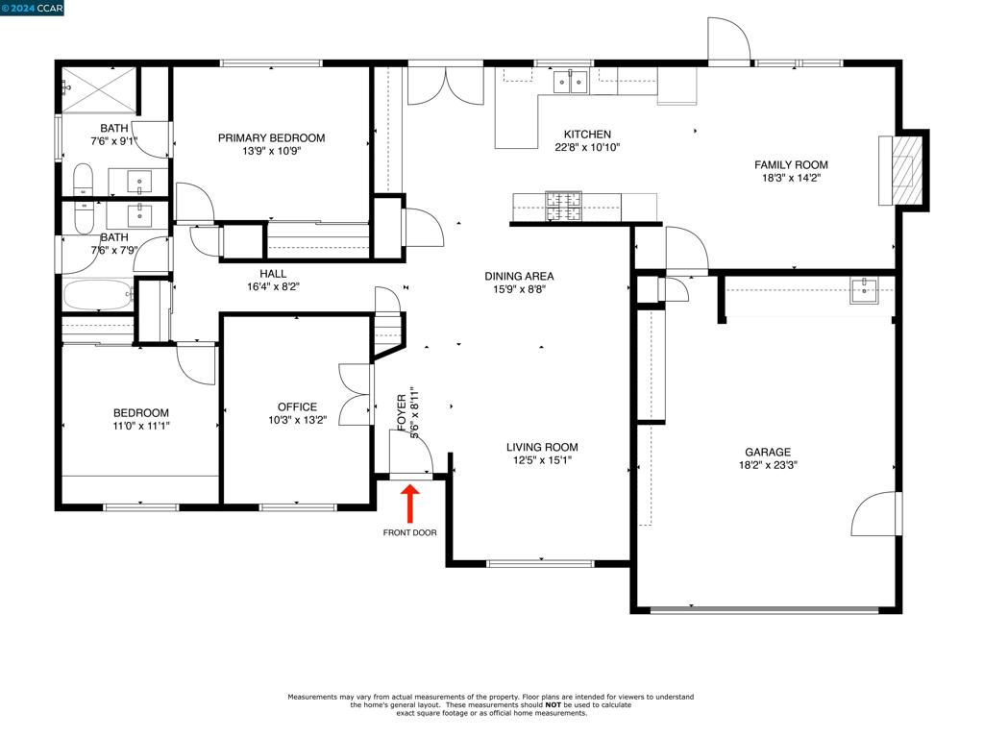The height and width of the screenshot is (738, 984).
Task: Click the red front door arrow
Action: (x=409, y=504)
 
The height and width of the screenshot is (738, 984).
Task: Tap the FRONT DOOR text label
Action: (x=409, y=532)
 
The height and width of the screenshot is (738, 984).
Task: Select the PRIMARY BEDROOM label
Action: (x=271, y=138)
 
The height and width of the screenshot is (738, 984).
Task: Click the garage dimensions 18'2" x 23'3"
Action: (x=768, y=465)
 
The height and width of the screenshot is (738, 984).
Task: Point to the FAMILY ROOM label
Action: (x=791, y=165)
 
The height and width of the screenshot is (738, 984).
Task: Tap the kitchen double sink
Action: (x=571, y=83)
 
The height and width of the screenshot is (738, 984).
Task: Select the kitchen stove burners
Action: (x=563, y=208)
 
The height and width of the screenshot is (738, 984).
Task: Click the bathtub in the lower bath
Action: (x=98, y=295)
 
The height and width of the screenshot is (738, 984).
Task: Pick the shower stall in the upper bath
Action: (x=99, y=88)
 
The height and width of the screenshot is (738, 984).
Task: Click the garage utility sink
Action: (x=864, y=290)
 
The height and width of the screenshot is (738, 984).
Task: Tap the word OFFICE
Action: (x=298, y=407)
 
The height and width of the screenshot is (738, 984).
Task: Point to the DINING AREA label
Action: (x=519, y=276)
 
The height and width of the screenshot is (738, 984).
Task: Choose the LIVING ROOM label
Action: (x=542, y=448)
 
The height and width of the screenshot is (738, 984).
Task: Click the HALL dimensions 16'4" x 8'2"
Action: (x=273, y=287)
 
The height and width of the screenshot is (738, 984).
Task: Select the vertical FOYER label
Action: (x=402, y=411)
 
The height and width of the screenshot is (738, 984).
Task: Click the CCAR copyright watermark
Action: (x=32, y=8)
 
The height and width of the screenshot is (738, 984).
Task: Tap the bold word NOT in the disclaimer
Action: (x=553, y=704)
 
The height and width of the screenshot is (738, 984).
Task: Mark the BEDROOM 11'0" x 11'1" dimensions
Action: (x=141, y=426)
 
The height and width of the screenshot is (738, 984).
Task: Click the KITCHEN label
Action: (x=587, y=135)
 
